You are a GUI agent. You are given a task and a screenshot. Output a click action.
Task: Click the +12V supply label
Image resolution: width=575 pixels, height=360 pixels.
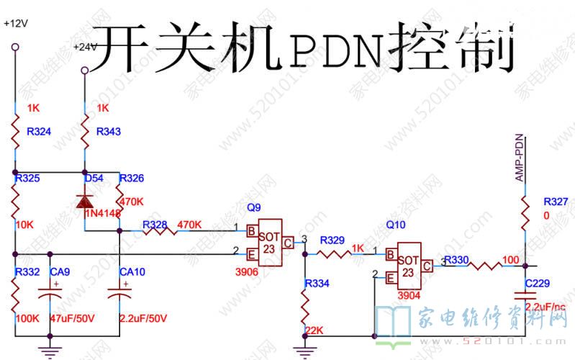point(15,23)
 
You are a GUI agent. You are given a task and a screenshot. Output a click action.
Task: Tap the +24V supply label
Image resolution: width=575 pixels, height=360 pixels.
point(85,48)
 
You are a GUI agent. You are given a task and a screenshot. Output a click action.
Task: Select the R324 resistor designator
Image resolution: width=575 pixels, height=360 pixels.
point(38,132)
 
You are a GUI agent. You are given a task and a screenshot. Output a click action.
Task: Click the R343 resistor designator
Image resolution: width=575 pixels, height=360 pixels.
point(108,132)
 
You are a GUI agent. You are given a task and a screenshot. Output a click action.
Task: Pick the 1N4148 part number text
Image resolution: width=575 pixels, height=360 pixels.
point(103,213)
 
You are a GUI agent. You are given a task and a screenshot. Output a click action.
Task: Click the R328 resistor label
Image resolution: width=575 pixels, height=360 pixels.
point(155,224)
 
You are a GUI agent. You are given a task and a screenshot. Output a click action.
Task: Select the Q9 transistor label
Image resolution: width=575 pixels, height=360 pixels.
point(254,207)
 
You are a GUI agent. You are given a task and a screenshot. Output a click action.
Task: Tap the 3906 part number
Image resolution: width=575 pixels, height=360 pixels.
point(247,273)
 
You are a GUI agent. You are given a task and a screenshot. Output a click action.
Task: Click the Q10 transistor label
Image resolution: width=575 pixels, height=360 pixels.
point(396,225)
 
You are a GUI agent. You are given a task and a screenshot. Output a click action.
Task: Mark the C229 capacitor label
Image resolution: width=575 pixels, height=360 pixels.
point(538,283)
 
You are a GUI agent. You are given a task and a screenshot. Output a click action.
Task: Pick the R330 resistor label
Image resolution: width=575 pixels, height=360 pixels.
point(457,259)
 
